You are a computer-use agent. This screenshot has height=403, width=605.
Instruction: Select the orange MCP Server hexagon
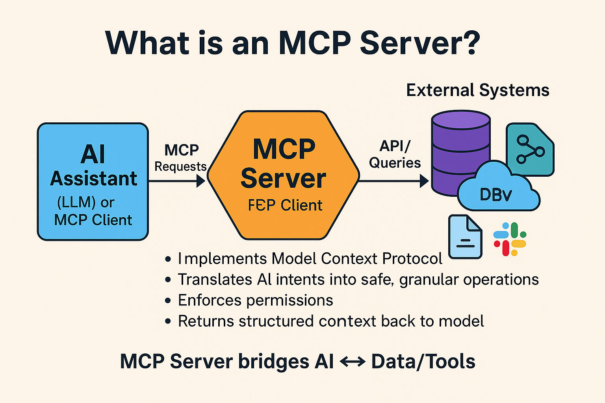coord(283,176)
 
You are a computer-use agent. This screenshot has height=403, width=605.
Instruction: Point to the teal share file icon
coord(530,150)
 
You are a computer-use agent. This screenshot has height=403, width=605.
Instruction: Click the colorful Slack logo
coord(510,239)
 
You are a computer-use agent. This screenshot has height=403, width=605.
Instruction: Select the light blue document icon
coord(465,237)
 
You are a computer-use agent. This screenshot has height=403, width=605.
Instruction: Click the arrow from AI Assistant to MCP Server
coord(177,181)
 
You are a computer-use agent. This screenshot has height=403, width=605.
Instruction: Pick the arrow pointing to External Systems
coord(394,181)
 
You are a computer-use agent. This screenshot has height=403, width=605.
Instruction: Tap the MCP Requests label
coord(181,158)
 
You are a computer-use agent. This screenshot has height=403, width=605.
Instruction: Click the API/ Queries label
coord(395,154)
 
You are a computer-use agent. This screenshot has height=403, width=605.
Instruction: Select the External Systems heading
coord(477,90)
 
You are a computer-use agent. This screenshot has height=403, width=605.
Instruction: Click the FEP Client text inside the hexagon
coord(285,205)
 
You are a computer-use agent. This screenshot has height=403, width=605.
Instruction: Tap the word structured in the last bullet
coord(277,321)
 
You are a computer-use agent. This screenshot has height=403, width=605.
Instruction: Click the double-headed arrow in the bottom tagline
coord(352,362)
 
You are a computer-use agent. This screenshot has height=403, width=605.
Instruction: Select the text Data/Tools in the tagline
coord(423,362)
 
